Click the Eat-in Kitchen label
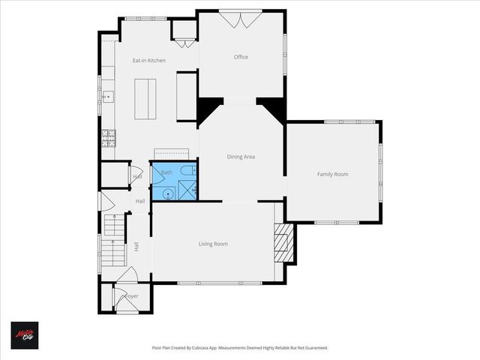(149, 61)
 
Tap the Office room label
(241, 57)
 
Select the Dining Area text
(241, 157)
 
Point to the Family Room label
(332, 174)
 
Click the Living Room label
(213, 244)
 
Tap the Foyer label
(131, 296)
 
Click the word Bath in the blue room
(166, 172)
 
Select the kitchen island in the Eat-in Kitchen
(146, 97)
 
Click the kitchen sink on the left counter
(107, 96)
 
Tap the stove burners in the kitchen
(109, 137)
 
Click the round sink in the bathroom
(169, 193)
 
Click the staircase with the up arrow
(112, 240)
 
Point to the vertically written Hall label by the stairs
(136, 246)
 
